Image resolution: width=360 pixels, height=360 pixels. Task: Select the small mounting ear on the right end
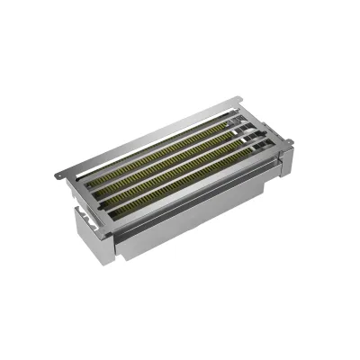tap(290, 141)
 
